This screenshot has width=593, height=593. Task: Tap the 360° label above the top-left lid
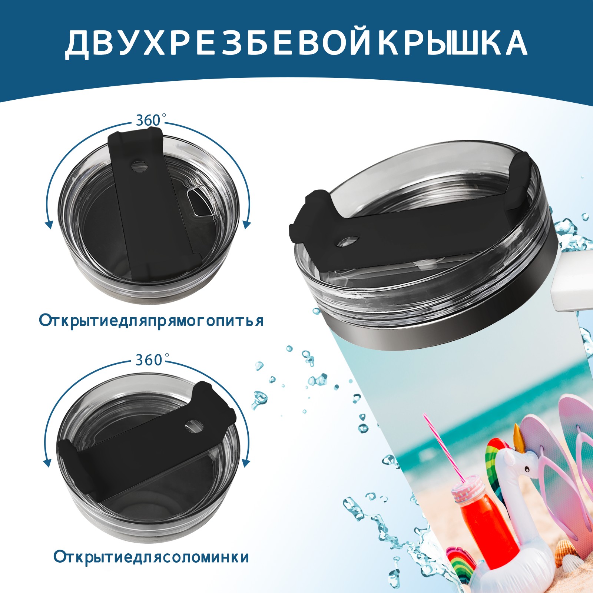pos(149,120)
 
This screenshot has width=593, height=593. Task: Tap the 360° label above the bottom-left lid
pos(149,360)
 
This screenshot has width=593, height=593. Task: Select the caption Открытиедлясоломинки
pos(151,557)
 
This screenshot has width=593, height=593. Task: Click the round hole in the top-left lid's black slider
pos(139,165)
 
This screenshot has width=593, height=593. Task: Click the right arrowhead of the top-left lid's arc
pos(247,224)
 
